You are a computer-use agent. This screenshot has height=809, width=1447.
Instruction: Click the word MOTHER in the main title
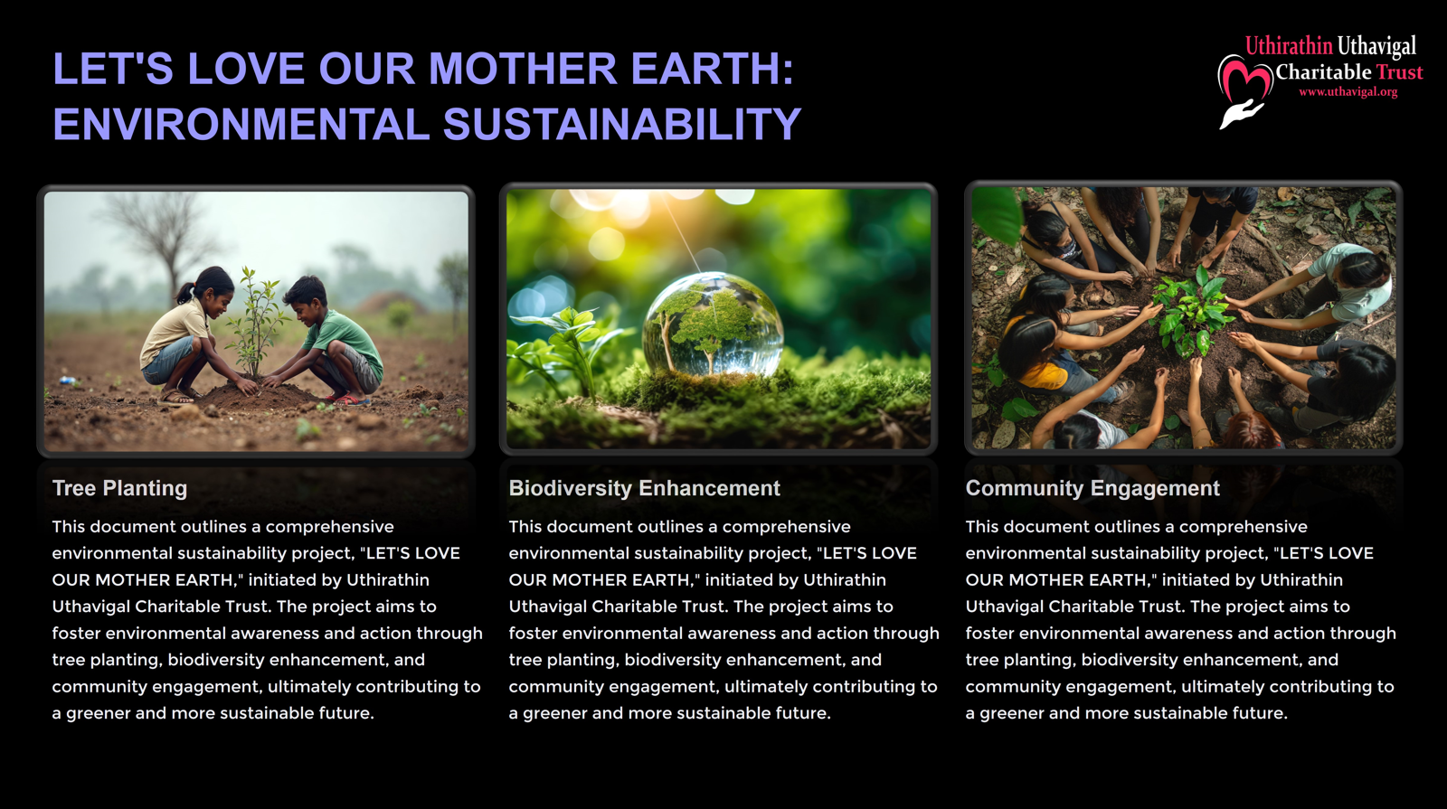pyautogui.click(x=523, y=68)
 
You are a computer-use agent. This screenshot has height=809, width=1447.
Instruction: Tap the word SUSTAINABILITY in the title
pyautogui.click(x=622, y=123)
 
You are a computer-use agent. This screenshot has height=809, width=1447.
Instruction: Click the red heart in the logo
pyautogui.click(x=1244, y=79)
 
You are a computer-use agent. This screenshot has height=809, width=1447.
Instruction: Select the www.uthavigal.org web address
pyautogui.click(x=1348, y=91)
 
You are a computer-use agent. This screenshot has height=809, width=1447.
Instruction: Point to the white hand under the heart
pyautogui.click(x=1239, y=114)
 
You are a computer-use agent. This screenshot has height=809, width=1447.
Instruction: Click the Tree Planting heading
pyautogui.click(x=119, y=488)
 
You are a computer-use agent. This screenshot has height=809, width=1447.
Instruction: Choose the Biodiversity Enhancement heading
pyautogui.click(x=644, y=488)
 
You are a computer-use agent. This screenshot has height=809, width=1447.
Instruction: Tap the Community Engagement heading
pyautogui.click(x=1092, y=488)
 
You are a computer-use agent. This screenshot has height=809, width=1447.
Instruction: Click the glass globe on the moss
pyautogui.click(x=713, y=325)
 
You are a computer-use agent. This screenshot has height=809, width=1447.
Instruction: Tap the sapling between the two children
pyautogui.click(x=257, y=323)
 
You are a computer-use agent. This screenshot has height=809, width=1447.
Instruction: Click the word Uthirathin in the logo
pyautogui.click(x=1288, y=46)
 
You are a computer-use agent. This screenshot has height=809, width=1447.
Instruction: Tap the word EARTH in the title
pyautogui.click(x=712, y=68)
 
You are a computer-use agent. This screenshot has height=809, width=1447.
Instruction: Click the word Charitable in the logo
pyautogui.click(x=1323, y=71)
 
